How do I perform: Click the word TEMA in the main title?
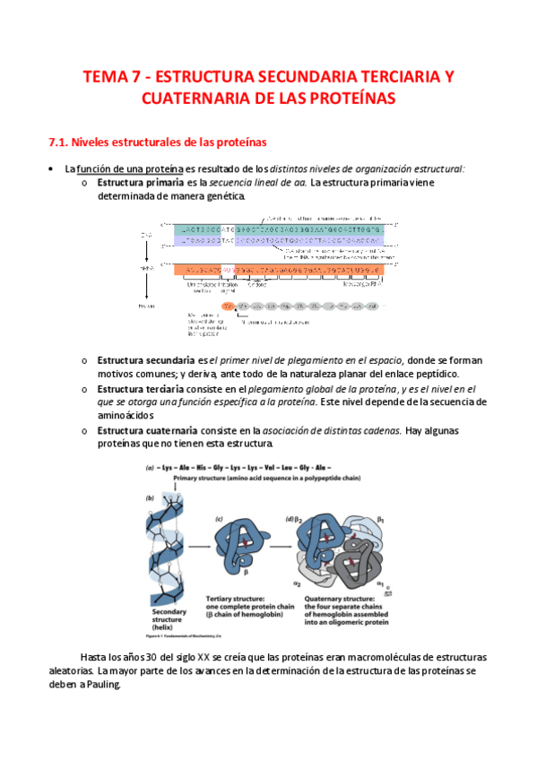click(x=105, y=77)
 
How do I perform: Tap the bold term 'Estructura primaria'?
click(x=133, y=183)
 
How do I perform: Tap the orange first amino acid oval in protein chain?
click(x=229, y=306)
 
